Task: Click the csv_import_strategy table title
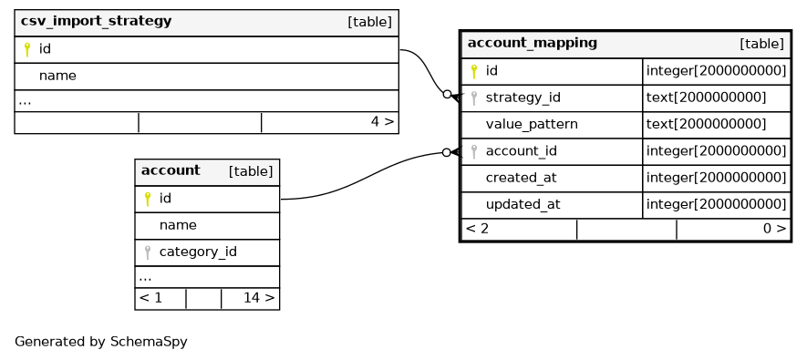click(x=96, y=22)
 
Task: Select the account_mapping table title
click(x=533, y=43)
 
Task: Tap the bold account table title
click(x=171, y=170)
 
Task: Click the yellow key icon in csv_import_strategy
click(x=27, y=49)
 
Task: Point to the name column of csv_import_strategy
click(x=57, y=77)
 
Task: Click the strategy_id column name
click(x=522, y=98)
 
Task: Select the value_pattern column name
click(x=532, y=125)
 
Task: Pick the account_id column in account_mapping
click(x=521, y=151)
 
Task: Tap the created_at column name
click(x=521, y=178)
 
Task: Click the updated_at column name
click(x=522, y=205)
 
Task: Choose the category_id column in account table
click(x=198, y=252)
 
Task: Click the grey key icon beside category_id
click(x=148, y=252)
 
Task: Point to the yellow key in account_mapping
click(x=474, y=71)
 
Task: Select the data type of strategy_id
click(x=706, y=98)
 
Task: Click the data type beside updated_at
click(x=716, y=205)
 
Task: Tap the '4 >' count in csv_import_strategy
click(x=382, y=122)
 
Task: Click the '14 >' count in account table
click(x=259, y=298)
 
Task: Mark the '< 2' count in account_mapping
click(x=477, y=229)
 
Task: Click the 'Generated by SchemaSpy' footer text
click(x=101, y=342)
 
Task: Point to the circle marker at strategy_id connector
click(x=447, y=94)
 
